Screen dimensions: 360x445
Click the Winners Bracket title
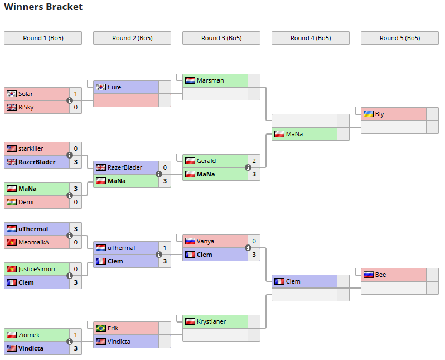43,7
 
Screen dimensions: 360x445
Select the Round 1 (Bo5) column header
43,38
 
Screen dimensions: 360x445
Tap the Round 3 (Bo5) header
221,38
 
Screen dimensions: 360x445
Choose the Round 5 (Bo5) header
400,38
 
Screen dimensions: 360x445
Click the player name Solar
26,94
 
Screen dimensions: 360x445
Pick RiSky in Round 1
26,107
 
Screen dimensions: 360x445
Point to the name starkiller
31,148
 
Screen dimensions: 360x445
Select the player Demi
26,202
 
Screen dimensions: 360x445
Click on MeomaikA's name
33,242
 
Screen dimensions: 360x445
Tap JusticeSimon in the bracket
37,269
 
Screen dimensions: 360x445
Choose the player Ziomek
29,335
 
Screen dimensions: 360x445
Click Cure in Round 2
114,87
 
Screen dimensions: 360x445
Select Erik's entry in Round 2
113,328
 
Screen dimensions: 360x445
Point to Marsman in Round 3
210,80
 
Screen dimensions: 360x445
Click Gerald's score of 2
254,161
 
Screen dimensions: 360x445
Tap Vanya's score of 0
254,241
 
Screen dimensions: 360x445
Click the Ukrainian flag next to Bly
368,114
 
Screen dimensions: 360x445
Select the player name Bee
380,275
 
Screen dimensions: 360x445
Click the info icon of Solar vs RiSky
70,100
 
